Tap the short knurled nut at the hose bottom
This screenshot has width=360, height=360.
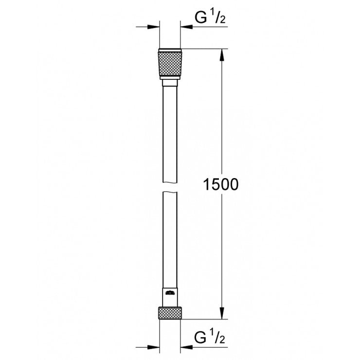point(170,313)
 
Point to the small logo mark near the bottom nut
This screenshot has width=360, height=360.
point(170,292)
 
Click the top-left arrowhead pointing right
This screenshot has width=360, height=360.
point(155,27)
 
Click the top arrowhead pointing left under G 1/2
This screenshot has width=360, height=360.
point(186,27)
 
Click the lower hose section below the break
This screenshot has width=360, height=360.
point(170,238)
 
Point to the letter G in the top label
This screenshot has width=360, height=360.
point(199,18)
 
